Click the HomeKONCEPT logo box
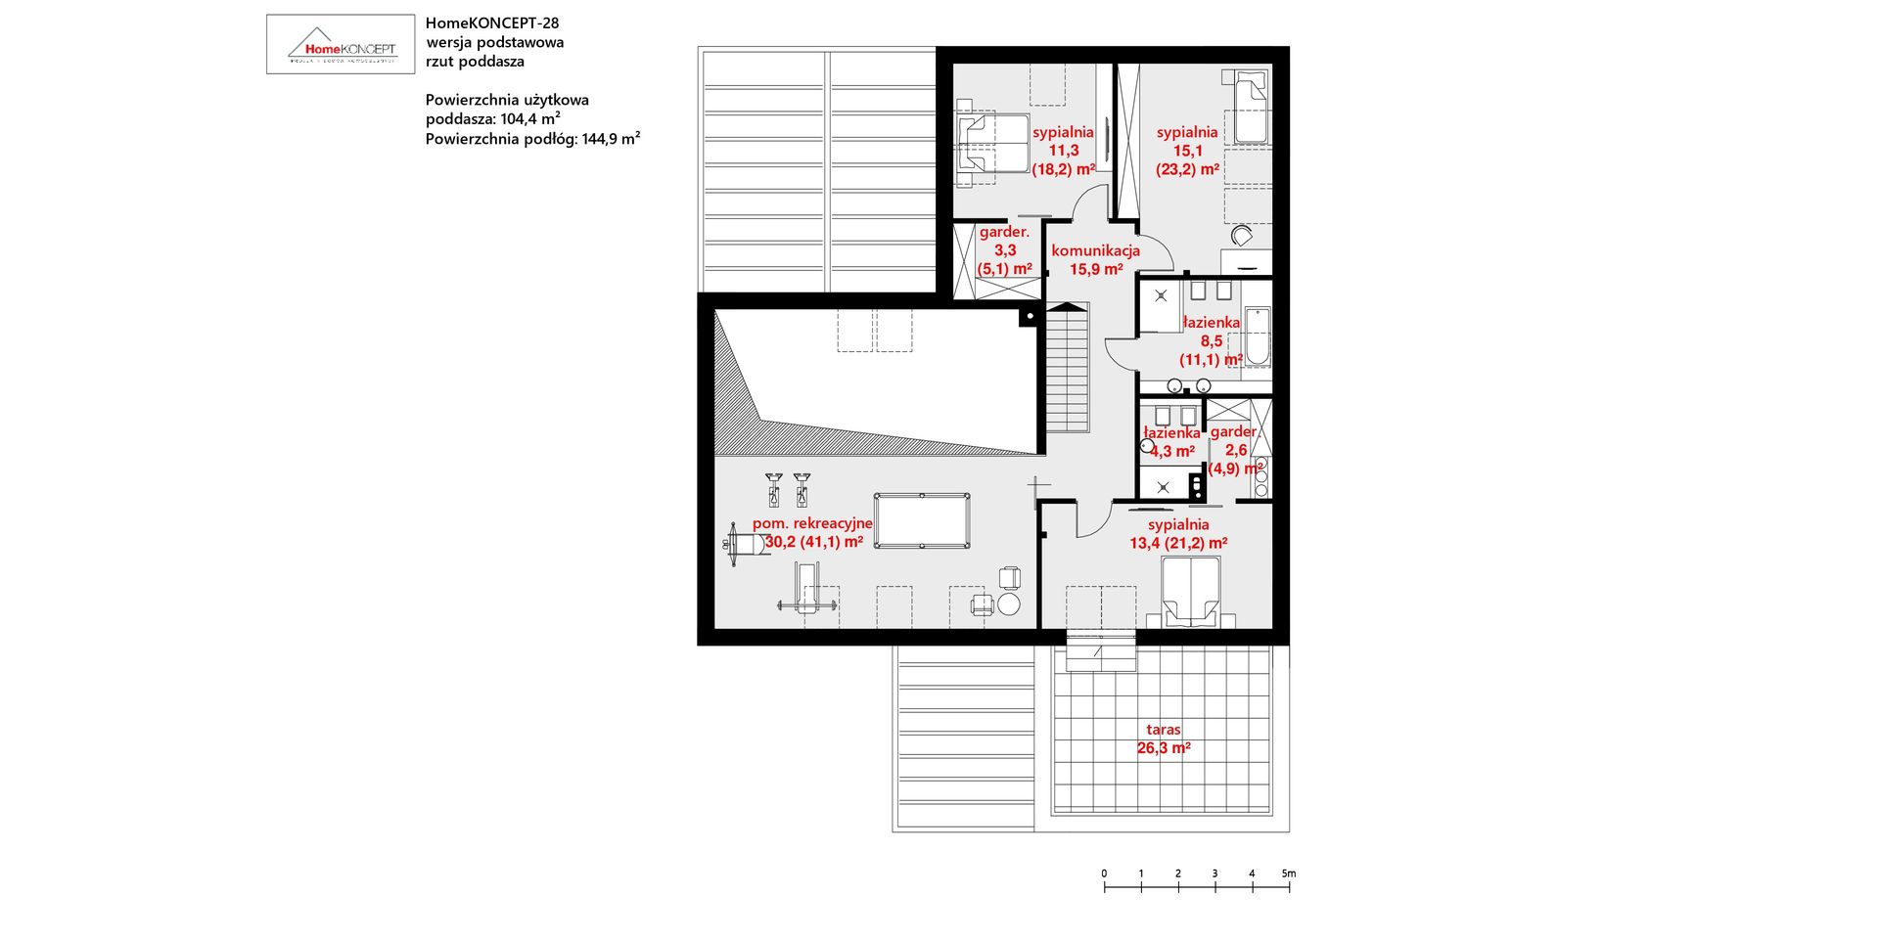341,44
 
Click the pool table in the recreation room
922,521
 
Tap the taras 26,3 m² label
1164,738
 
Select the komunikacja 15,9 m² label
1095,259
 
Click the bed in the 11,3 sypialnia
992,144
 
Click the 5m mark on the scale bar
1289,874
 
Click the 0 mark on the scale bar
1104,874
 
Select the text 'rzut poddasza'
475,62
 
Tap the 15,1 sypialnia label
1187,150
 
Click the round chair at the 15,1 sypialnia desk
1241,236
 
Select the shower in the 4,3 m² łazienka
1163,484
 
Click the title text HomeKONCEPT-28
492,22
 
